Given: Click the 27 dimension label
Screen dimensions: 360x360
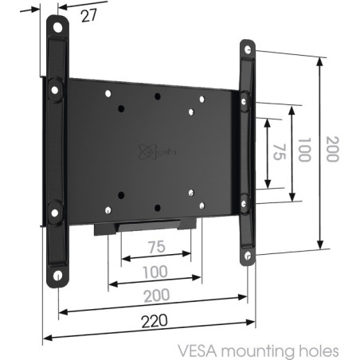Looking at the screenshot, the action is tap(89, 16).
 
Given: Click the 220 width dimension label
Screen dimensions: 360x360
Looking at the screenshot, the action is tap(155, 321).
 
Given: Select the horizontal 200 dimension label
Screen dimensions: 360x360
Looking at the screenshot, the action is tap(157, 295).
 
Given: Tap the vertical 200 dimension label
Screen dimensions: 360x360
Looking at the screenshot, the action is tap(332, 149).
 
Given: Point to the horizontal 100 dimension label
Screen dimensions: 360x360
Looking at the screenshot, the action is tap(155, 272).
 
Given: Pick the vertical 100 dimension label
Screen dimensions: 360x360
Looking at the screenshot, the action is tap(304, 150).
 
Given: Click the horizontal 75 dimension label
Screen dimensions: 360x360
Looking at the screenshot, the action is tap(157, 247).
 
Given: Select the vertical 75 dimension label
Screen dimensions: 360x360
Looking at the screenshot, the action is tap(280, 152).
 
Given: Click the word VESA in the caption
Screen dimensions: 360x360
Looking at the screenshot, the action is tap(198, 351).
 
